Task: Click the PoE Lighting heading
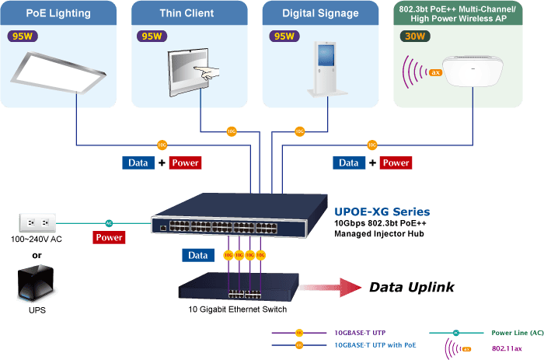[x=58, y=13]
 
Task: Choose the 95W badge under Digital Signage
[x=284, y=37]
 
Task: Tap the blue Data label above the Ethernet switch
[x=198, y=255]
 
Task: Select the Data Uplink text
[x=411, y=288]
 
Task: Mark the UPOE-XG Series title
[x=382, y=211]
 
